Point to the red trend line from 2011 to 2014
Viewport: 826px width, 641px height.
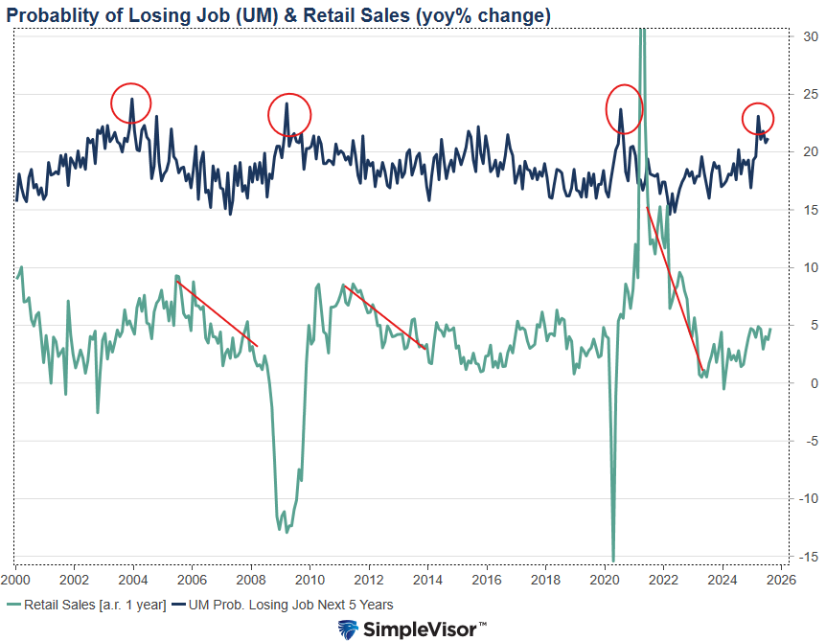(x=384, y=317)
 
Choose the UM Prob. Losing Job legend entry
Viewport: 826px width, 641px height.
(x=287, y=605)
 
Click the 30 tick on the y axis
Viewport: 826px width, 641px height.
(x=810, y=36)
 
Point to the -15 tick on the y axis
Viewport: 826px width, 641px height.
(x=810, y=557)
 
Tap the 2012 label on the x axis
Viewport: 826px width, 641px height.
(x=369, y=580)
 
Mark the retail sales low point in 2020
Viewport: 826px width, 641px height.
(x=613, y=560)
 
